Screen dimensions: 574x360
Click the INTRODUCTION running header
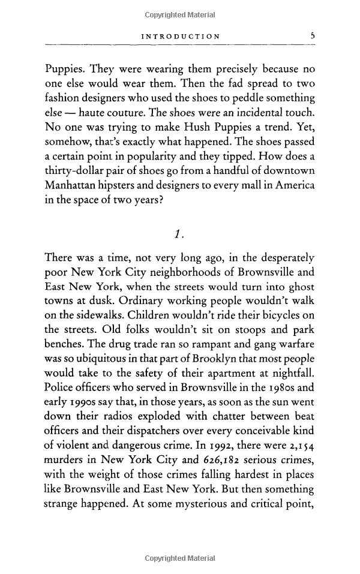tap(180, 37)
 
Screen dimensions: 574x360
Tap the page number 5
tap(312, 36)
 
